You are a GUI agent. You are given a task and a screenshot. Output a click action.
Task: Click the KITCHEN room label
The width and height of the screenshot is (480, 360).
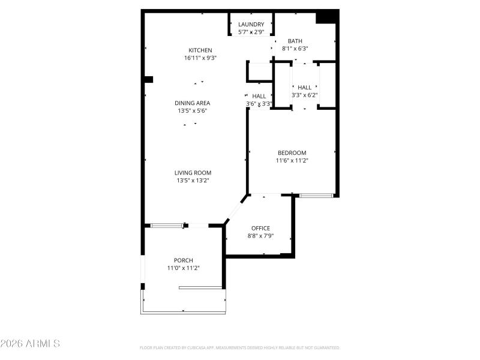(200, 50)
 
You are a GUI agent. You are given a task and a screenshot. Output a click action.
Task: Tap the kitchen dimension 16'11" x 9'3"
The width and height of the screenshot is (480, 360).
(200, 58)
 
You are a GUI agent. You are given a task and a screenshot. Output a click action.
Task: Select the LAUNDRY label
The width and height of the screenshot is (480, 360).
(251, 25)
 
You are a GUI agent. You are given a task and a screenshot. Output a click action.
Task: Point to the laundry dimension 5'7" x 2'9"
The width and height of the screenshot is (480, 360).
(251, 32)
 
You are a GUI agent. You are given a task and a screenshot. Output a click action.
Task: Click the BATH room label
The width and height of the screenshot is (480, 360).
(295, 41)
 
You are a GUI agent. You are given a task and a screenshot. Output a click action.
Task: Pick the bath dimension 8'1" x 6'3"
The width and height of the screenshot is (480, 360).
(295, 49)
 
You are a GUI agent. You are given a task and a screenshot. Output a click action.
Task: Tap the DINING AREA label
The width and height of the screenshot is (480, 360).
(193, 103)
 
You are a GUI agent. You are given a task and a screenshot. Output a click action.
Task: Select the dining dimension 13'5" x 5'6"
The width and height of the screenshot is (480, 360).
(193, 111)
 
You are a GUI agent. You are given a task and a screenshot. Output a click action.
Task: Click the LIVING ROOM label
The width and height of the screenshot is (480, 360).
(193, 173)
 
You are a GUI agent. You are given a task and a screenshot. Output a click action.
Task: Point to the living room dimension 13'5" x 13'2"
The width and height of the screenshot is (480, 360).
(193, 180)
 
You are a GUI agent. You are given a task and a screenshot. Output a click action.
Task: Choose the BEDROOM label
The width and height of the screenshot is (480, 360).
(292, 153)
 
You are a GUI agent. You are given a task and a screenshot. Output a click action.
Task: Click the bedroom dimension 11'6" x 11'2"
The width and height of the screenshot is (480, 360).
(292, 160)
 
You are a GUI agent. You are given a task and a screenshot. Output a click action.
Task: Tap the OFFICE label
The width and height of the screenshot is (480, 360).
(260, 229)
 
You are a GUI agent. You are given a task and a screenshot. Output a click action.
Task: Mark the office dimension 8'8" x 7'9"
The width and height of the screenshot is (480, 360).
(260, 236)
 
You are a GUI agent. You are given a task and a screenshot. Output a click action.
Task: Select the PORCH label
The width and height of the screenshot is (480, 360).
(184, 260)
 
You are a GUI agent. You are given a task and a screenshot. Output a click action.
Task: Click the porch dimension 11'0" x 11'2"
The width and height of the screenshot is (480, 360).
(184, 268)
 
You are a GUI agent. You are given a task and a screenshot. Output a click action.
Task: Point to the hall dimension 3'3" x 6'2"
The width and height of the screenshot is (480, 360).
(304, 95)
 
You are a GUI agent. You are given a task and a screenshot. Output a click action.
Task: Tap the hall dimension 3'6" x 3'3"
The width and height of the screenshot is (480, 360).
(259, 104)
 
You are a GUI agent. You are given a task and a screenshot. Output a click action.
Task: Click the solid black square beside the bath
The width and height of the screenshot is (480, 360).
(326, 17)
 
